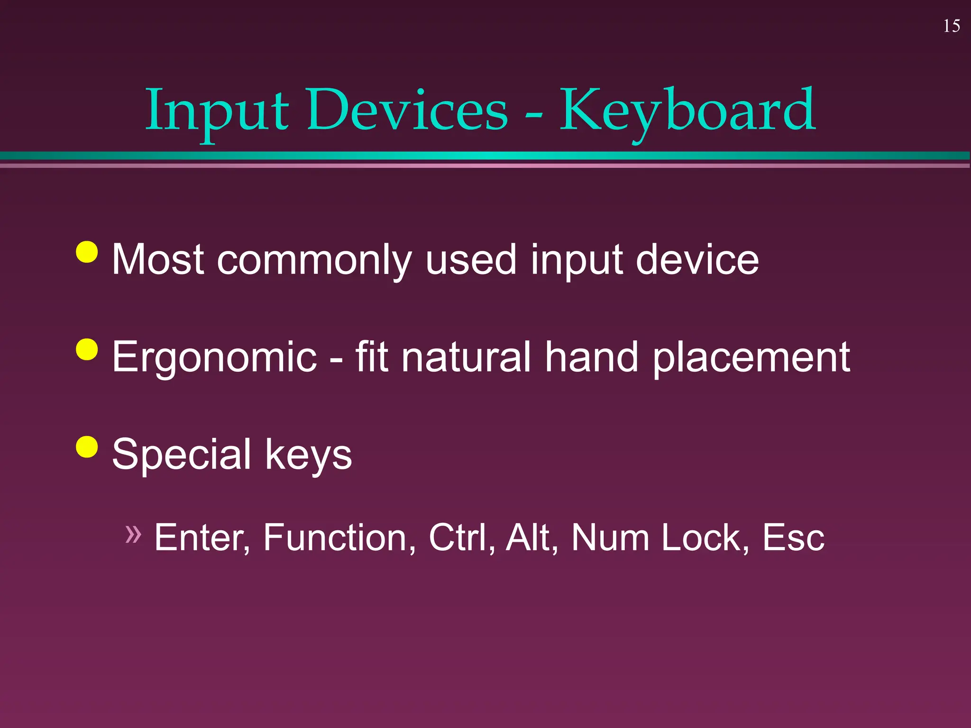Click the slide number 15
(x=952, y=26)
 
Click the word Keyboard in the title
(x=687, y=111)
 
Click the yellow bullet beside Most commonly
(x=87, y=252)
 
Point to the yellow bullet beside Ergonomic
(x=87, y=350)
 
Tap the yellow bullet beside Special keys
(x=87, y=446)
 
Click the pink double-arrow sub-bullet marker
(x=133, y=534)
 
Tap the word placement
(x=751, y=358)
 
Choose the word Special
(x=181, y=455)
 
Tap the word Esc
(x=793, y=538)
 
